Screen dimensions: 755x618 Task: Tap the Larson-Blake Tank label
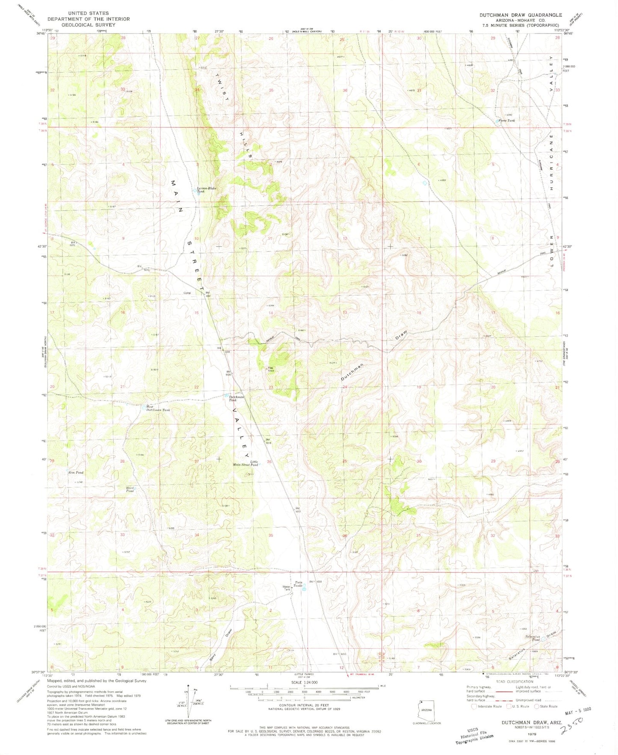206,190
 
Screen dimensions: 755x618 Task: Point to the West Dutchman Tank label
158,408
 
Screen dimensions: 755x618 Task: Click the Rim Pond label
76,472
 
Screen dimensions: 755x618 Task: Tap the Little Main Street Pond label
245,463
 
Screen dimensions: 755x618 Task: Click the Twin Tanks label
299,584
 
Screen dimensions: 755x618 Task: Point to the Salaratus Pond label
533,638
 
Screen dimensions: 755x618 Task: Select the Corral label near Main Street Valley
187,292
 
